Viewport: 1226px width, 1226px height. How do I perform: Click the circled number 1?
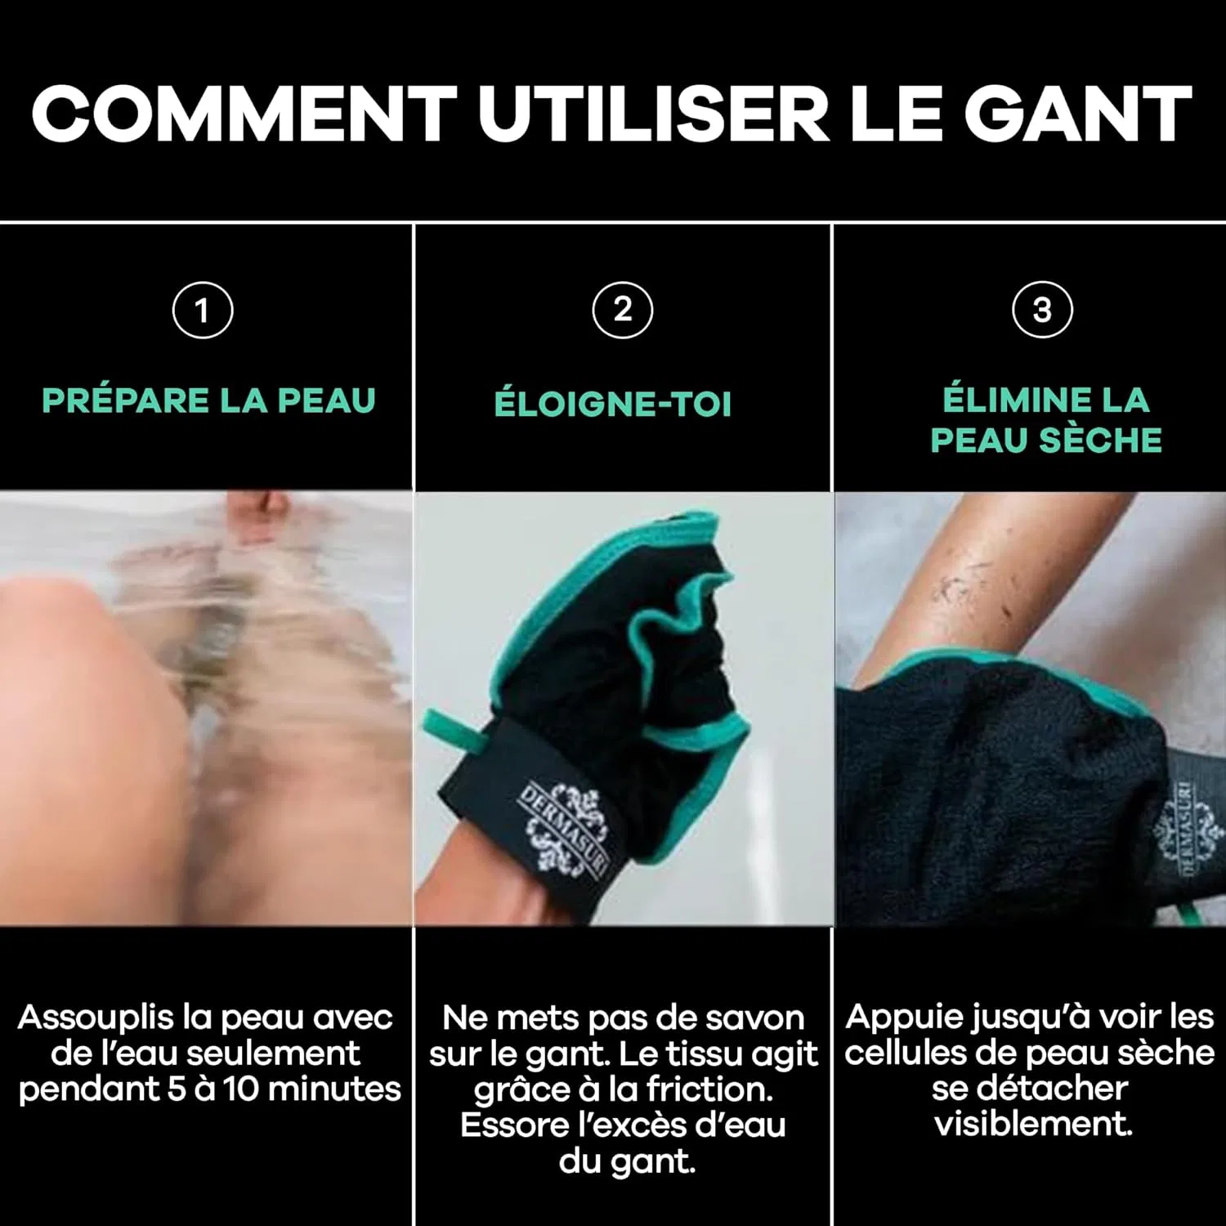203,310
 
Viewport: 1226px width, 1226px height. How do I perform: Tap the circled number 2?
623,310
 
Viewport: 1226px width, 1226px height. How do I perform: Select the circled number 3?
1042,310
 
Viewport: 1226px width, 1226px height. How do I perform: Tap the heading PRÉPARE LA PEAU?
208,400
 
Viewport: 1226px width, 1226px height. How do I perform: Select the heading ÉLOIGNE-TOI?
613,404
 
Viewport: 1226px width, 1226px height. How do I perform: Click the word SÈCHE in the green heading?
1100,440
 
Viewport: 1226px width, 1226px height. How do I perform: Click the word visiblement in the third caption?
1033,1124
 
